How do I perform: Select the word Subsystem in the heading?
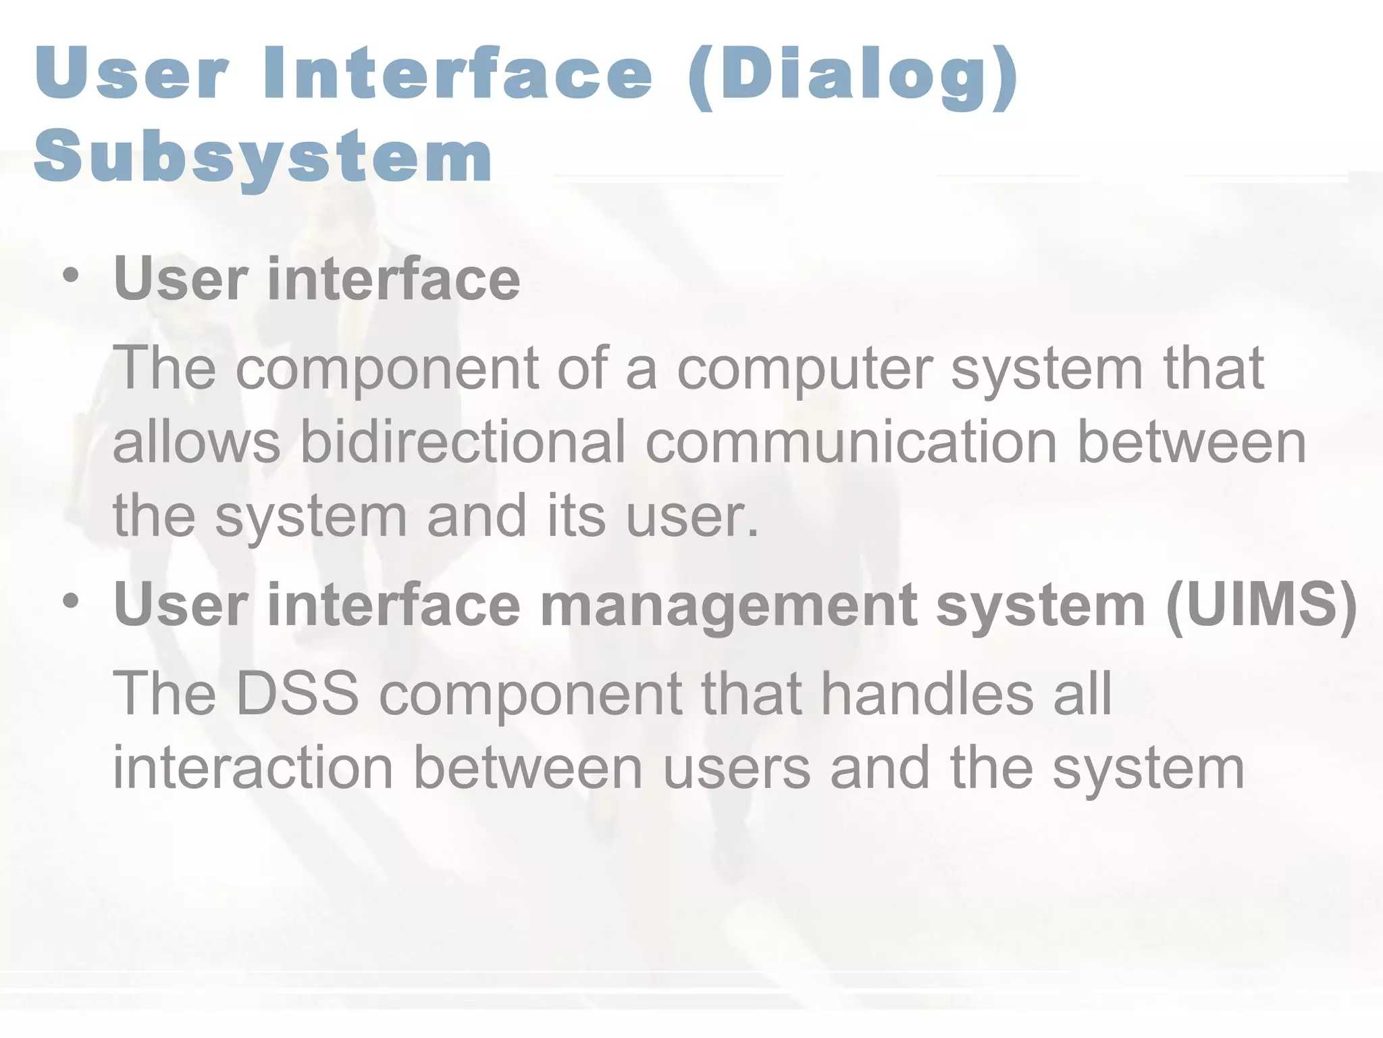263,157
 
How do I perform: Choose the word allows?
196,442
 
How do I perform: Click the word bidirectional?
463,442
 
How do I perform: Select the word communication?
850,442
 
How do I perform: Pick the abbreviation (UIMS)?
1261,605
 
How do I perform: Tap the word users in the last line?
736,769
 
